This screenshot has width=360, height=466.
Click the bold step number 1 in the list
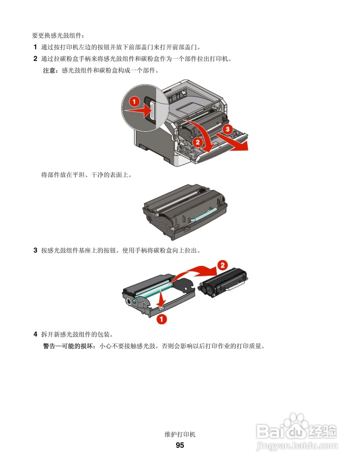coord(35,47)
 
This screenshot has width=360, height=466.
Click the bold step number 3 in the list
coord(35,250)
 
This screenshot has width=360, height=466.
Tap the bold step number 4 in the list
coord(35,334)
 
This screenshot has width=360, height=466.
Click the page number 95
coord(180,445)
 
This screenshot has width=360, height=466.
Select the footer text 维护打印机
coord(180,434)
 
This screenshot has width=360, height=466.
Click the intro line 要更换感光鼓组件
coord(58,36)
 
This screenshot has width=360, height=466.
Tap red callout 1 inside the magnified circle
coord(134,101)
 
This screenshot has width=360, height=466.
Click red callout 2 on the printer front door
coord(198,142)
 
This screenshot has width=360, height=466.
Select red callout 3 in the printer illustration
coord(227,129)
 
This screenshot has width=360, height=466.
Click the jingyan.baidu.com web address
coord(297,446)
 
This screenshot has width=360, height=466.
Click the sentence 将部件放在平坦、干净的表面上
coord(87,175)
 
